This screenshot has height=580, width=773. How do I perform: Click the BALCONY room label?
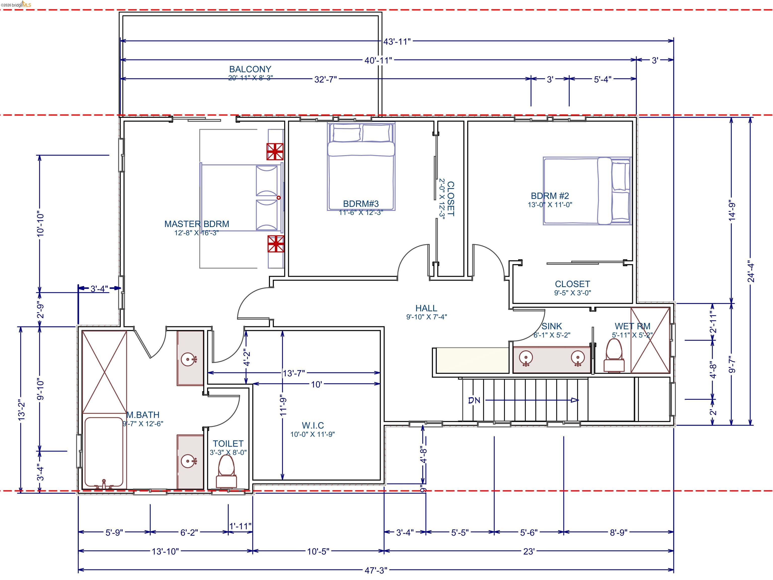(250, 69)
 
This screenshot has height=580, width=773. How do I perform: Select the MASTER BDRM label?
(197, 224)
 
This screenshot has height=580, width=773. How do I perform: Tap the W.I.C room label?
(313, 425)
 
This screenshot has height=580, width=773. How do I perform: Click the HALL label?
(426, 308)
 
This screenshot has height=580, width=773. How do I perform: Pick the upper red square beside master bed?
(275, 151)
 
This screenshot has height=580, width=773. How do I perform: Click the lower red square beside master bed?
(276, 244)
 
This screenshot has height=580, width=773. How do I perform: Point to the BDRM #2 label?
(550, 196)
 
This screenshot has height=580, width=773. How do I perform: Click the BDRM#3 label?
(361, 203)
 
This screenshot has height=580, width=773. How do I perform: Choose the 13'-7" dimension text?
(294, 373)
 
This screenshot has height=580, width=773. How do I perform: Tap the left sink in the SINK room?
(526, 358)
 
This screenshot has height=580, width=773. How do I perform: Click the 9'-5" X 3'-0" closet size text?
(572, 293)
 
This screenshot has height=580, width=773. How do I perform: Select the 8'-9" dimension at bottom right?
(619, 532)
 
